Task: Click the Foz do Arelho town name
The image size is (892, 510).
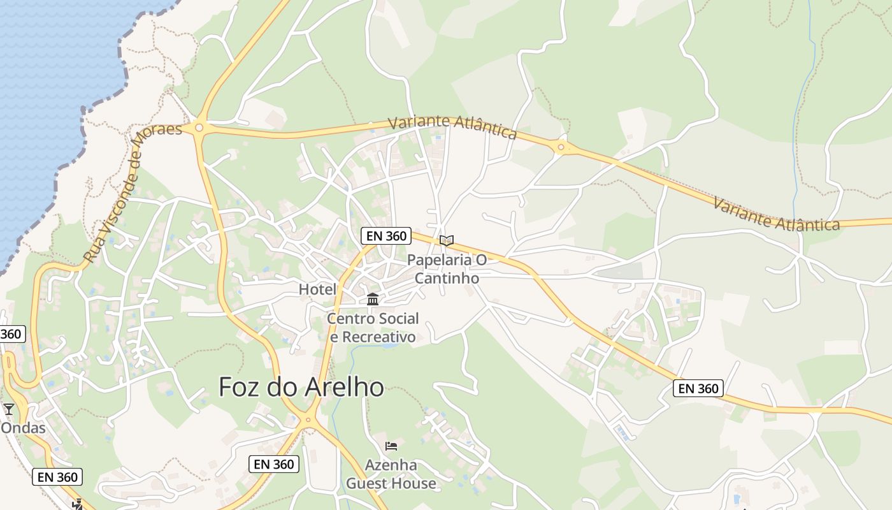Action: pos(301,387)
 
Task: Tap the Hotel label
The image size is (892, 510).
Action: pos(317,289)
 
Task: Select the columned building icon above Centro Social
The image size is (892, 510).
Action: pos(373,299)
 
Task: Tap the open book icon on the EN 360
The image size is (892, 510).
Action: pos(447,240)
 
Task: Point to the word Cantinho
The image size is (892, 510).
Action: pos(447,278)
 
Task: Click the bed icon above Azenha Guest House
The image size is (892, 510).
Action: pos(391,446)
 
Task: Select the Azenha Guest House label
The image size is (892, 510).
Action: pos(391,474)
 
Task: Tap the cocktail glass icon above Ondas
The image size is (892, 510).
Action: pos(8,409)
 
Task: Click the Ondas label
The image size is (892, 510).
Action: pos(23,428)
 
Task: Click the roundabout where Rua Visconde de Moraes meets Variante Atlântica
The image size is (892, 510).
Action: pos(199,127)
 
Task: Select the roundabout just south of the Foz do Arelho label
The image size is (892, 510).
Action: pos(308,419)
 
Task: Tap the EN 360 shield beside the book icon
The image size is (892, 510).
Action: pos(386,236)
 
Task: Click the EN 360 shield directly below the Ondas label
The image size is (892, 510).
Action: pos(57,476)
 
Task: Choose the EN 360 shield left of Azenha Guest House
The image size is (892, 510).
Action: pos(274,464)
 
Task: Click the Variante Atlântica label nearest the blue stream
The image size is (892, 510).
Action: pos(776,214)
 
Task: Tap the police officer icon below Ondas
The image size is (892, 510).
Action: pos(78,504)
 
